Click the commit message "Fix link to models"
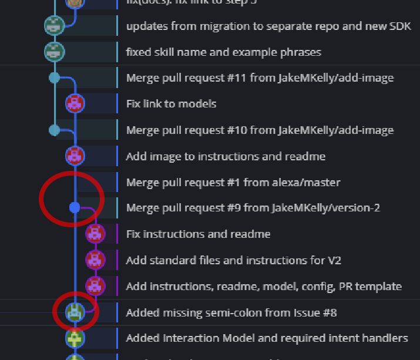tap(171, 104)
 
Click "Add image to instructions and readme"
tap(226, 157)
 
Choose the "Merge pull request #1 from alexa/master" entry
tap(233, 183)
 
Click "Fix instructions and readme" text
tap(198, 234)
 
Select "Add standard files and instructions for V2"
tap(233, 260)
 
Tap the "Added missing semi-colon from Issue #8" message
tap(231, 312)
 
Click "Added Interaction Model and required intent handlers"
tap(267, 338)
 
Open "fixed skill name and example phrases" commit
tap(223, 52)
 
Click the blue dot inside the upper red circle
tap(75, 207)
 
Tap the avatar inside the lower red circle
tap(75, 312)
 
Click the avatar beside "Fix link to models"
tap(75, 104)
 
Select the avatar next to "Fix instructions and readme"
tap(95, 234)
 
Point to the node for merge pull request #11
tap(55, 78)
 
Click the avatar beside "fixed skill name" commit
tap(54, 52)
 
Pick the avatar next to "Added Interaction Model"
tap(75, 338)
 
